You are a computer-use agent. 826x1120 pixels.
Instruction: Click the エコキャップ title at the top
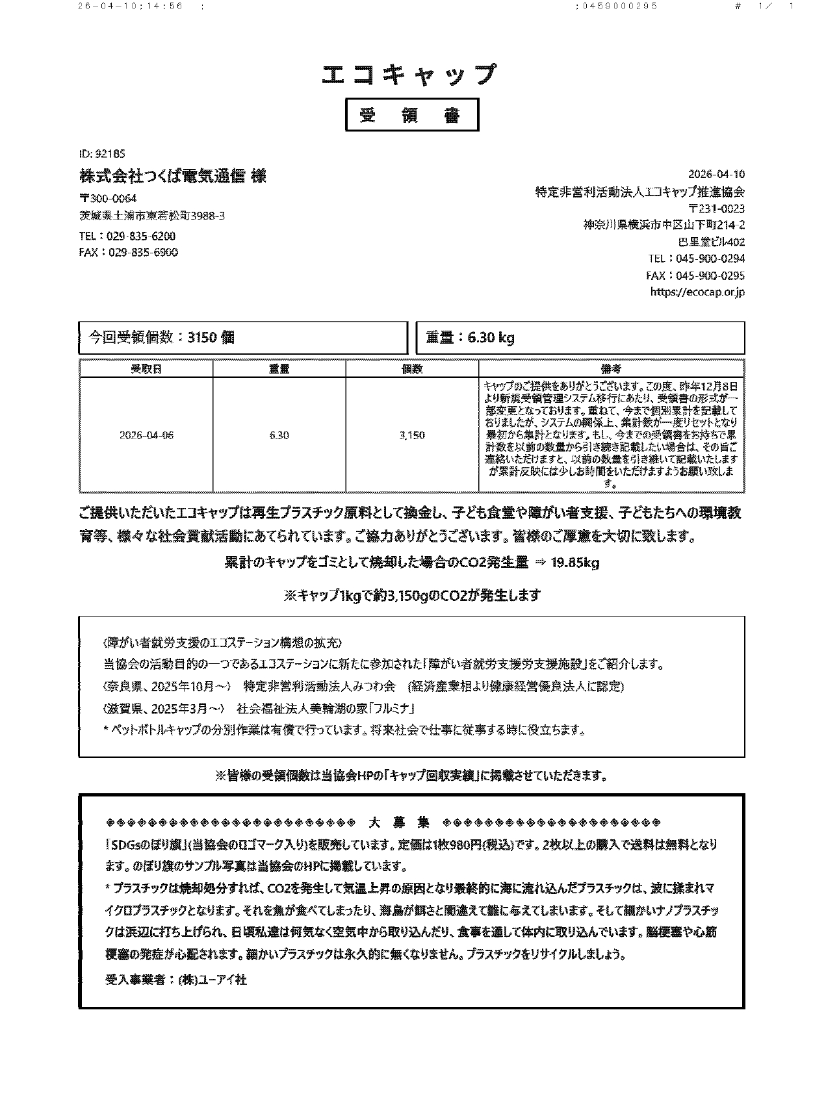click(410, 75)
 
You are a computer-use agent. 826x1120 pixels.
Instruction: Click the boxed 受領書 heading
click(411, 115)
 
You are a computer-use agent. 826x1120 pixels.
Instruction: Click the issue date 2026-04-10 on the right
click(716, 175)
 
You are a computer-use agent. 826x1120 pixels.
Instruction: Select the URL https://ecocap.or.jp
click(697, 292)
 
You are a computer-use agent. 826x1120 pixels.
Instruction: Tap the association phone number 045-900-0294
click(710, 259)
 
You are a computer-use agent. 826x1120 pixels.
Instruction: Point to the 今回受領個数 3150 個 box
click(242, 338)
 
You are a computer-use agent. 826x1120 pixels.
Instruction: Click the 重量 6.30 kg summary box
click(580, 338)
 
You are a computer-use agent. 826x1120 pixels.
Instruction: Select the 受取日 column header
click(146, 369)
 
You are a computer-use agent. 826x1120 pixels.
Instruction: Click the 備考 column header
click(611, 369)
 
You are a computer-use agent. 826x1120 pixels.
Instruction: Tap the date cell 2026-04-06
click(146, 435)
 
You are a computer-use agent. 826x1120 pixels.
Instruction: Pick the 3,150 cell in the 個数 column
click(412, 435)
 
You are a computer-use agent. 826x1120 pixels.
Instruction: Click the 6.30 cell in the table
click(279, 435)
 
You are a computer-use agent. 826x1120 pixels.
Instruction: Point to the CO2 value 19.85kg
click(574, 563)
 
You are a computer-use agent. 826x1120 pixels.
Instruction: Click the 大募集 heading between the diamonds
click(398, 822)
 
